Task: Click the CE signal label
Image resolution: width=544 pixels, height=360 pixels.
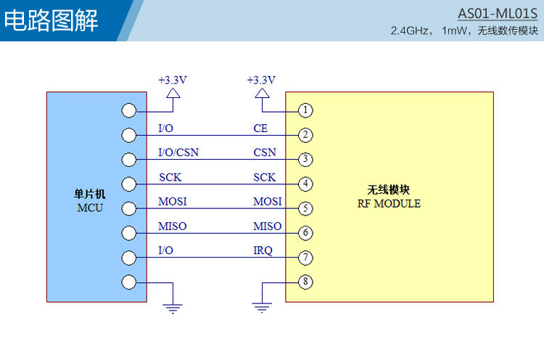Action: pyautogui.click(x=260, y=128)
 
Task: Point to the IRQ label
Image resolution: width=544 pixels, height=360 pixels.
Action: pyautogui.click(x=263, y=250)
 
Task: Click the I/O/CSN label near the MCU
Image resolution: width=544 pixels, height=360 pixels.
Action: pyautogui.click(x=178, y=152)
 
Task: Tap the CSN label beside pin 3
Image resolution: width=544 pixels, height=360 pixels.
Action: pyautogui.click(x=265, y=152)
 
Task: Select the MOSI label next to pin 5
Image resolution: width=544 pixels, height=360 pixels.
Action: pyautogui.click(x=268, y=201)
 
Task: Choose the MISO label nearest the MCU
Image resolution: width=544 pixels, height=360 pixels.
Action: pyautogui.click(x=173, y=226)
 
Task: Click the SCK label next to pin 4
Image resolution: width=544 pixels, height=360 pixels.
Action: pyautogui.click(x=264, y=177)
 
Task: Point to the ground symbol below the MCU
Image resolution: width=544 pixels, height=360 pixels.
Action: pyautogui.click(x=173, y=308)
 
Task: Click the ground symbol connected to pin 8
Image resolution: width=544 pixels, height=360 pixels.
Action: pyautogui.click(x=262, y=308)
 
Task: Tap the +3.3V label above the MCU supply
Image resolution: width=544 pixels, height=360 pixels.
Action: pyautogui.click(x=173, y=80)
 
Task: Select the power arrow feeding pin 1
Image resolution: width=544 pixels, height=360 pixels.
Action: pyautogui.click(x=262, y=94)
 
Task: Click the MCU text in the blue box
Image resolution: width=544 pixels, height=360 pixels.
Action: pyautogui.click(x=90, y=208)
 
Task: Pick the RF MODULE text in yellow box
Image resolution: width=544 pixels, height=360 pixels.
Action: pyautogui.click(x=389, y=203)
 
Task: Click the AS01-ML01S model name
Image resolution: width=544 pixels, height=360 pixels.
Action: pyautogui.click(x=498, y=14)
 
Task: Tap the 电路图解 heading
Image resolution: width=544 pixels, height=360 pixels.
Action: pyautogui.click(x=51, y=20)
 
